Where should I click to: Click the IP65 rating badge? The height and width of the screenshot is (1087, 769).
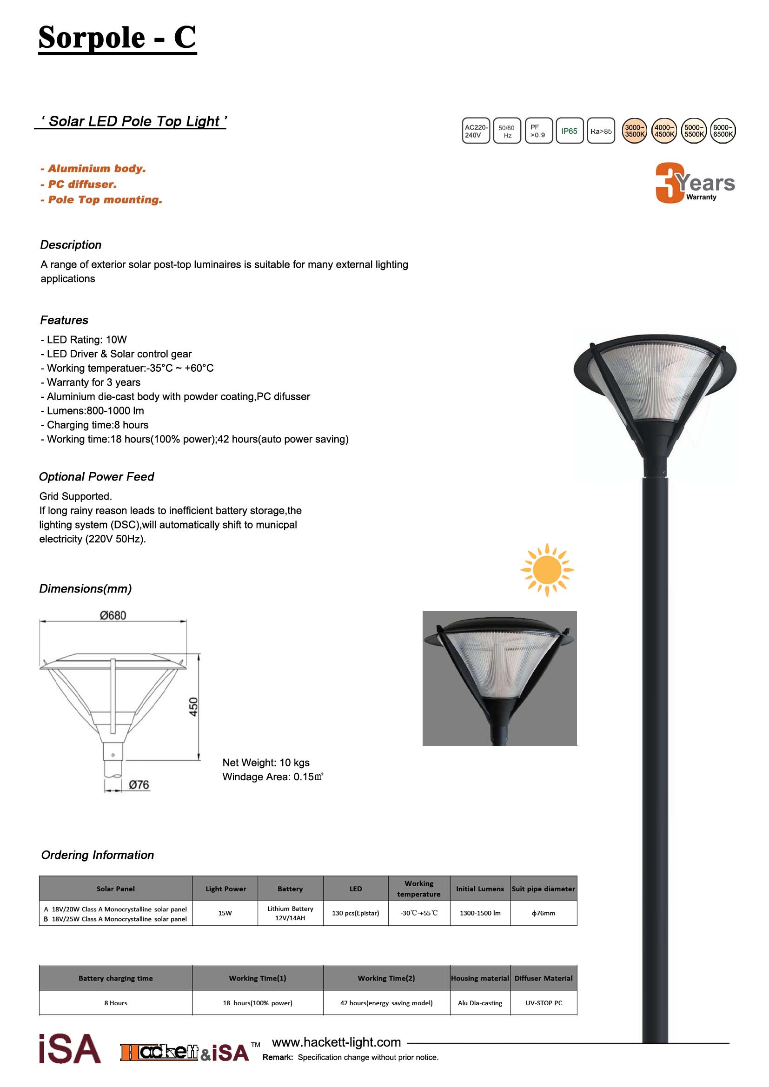(x=569, y=131)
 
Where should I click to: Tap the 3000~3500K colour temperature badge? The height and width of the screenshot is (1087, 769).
(x=634, y=131)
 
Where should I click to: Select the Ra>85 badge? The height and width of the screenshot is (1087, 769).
(x=601, y=131)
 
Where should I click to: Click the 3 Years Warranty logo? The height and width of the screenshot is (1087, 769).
(x=694, y=183)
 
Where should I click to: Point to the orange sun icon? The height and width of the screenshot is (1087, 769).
(x=547, y=570)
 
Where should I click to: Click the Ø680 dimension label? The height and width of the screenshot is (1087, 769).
(x=113, y=615)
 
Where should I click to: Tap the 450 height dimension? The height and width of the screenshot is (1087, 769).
(x=194, y=707)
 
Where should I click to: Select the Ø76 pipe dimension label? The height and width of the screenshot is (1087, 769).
(x=139, y=785)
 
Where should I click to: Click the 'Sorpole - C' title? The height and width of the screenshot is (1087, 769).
(x=117, y=37)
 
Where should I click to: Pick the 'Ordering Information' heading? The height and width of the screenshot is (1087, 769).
(x=98, y=855)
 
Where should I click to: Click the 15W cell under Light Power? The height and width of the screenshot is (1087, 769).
(x=225, y=913)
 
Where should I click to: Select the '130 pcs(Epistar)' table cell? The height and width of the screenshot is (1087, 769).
(x=355, y=913)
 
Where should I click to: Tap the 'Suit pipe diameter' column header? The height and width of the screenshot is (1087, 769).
(x=543, y=889)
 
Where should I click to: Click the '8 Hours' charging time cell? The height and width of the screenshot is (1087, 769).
(x=116, y=1003)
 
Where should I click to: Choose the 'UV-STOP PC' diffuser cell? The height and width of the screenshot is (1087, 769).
(x=544, y=1003)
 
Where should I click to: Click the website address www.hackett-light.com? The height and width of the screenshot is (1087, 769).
(x=336, y=1042)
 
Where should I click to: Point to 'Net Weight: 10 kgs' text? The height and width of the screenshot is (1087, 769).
(x=265, y=763)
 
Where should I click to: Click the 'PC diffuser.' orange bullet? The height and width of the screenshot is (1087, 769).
(x=79, y=184)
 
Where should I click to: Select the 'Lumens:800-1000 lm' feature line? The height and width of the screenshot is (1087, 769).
(x=93, y=411)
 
